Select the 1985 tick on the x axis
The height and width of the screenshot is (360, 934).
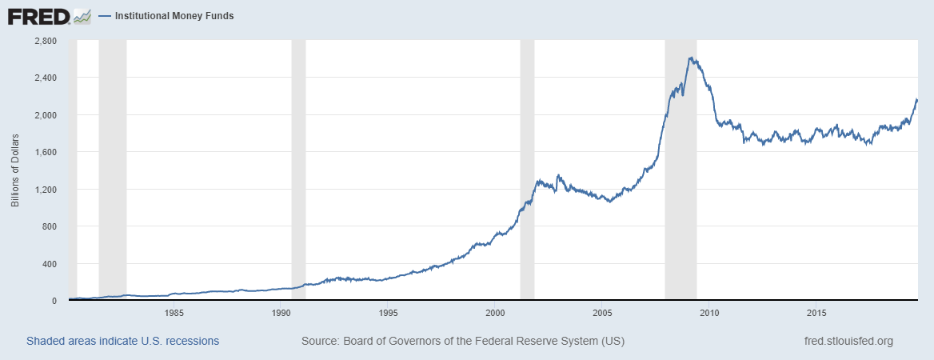174,312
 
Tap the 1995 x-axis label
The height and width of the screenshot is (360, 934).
388,312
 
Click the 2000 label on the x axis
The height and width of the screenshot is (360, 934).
495,312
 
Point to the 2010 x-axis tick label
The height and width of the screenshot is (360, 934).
709,312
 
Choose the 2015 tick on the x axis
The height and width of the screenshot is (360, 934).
816,312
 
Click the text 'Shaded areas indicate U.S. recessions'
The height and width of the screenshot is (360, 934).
122,341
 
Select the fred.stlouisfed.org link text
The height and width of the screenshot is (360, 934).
848,341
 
